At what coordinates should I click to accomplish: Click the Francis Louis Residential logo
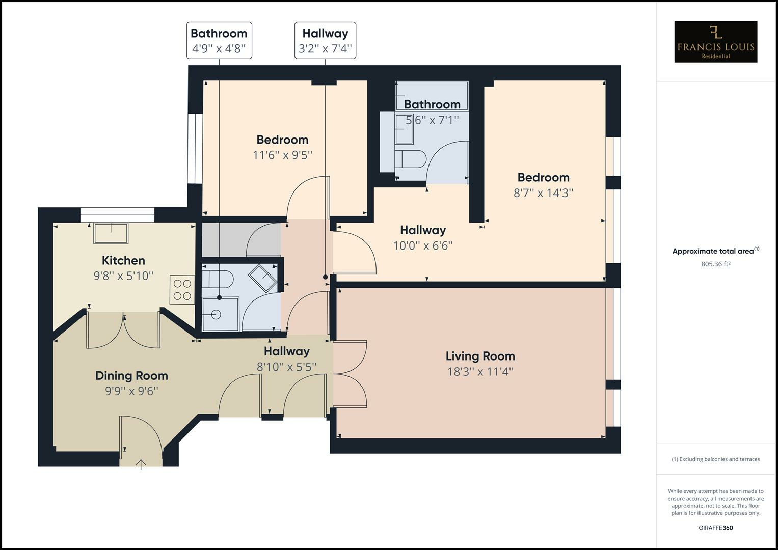(715, 42)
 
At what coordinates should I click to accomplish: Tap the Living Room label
(480, 356)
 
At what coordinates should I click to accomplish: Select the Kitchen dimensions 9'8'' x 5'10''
(123, 276)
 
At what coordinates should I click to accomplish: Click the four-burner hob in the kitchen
(182, 290)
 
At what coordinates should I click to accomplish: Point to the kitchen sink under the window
(111, 233)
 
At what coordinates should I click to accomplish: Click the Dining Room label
(131, 376)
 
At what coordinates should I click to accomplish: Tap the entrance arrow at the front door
(141, 463)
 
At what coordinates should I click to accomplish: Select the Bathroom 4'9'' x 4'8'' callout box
(219, 41)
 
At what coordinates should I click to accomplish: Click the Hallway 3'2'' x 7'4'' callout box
(325, 41)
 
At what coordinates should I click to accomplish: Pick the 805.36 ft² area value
(715, 264)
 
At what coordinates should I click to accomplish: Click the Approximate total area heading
(715, 251)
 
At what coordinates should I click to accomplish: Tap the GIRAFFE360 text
(715, 528)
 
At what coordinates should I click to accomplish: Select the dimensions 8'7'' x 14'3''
(543, 193)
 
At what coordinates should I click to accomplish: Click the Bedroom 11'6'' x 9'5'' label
(282, 140)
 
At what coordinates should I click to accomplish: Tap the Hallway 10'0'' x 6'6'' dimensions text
(423, 245)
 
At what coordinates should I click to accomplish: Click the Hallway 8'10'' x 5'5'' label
(286, 351)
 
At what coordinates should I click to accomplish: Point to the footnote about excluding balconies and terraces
(715, 459)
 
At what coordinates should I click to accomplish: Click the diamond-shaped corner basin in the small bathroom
(262, 278)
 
